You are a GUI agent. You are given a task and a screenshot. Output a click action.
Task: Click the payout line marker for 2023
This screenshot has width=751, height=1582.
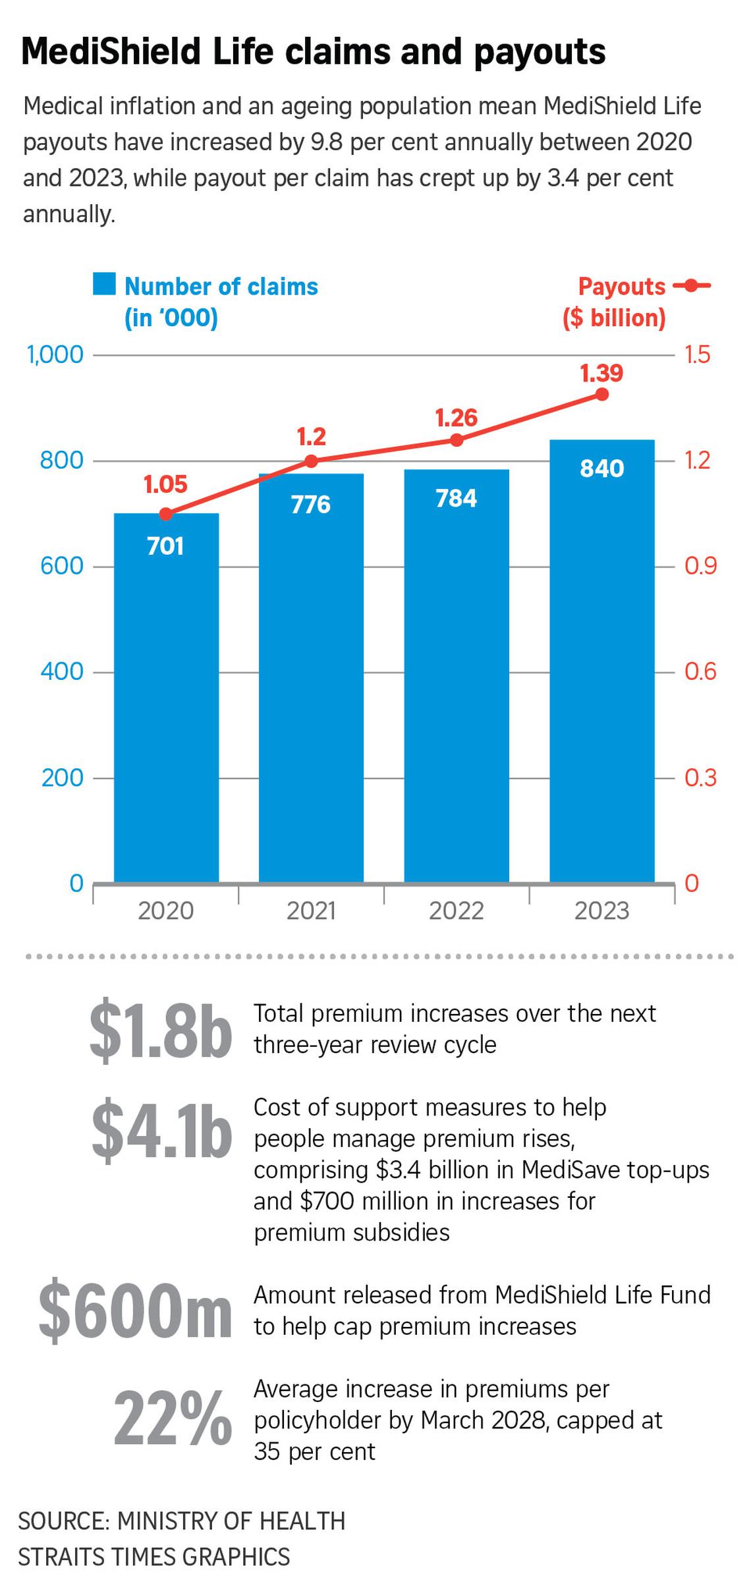click(601, 394)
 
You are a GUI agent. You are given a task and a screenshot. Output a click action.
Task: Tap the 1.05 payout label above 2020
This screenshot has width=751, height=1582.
click(165, 484)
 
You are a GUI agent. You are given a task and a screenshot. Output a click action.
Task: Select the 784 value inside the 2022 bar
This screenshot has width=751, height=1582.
click(456, 499)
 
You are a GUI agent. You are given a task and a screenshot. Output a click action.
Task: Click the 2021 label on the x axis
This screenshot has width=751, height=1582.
click(311, 911)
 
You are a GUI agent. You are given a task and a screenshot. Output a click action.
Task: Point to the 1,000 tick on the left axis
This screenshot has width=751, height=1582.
click(55, 354)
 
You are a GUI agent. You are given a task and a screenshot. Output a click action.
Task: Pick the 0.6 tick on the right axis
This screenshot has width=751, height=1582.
click(700, 671)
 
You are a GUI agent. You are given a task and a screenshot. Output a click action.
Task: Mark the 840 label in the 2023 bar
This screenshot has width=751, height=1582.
click(601, 468)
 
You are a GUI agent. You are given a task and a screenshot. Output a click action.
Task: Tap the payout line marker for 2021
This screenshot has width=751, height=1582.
click(311, 461)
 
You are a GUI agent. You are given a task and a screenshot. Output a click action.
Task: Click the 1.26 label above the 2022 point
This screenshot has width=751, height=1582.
click(456, 418)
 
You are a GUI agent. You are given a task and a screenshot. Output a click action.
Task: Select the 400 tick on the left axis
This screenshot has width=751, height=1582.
click(62, 671)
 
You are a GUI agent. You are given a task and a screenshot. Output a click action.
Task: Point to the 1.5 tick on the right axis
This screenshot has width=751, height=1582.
click(698, 354)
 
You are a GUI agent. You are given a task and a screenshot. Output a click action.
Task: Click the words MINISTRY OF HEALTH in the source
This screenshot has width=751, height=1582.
click(231, 1521)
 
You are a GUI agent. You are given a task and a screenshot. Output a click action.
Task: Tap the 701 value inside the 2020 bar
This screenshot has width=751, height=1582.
click(165, 546)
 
